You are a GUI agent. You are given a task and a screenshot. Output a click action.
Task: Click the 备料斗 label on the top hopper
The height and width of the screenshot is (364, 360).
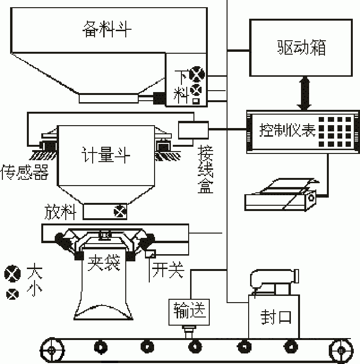(x=107, y=30)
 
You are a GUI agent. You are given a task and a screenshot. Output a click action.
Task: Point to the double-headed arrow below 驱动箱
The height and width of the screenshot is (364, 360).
(x=303, y=93)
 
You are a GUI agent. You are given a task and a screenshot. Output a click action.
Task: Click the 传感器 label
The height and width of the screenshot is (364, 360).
(x=25, y=172)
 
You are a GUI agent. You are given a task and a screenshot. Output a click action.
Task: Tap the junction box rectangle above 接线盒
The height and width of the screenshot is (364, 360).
(x=193, y=129)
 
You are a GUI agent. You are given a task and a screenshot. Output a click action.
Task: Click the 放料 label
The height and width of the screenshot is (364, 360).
(x=60, y=211)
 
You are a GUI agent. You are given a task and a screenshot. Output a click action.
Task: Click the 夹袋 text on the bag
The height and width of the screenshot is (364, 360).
(x=104, y=263)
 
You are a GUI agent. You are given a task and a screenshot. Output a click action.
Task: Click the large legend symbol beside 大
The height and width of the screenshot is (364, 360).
(x=12, y=274)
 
